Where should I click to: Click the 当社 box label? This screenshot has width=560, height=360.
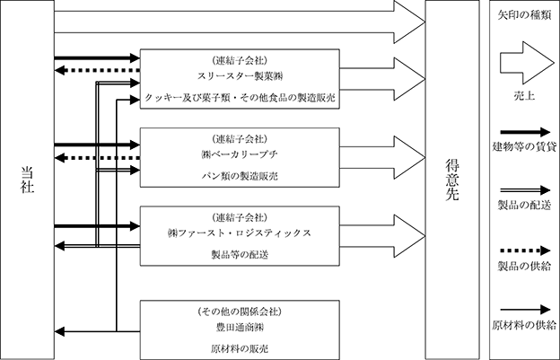[x=27, y=180]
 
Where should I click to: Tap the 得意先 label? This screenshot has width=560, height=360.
[x=451, y=180]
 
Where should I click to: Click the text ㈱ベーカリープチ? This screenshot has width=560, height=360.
[x=240, y=154]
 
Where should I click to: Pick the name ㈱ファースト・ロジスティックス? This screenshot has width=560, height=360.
[x=240, y=233]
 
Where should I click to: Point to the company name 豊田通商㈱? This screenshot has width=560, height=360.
[x=240, y=328]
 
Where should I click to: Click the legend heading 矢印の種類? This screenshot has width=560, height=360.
[x=524, y=15]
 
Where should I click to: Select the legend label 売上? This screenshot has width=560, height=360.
[x=524, y=96]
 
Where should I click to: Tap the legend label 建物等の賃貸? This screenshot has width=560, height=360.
[x=524, y=146]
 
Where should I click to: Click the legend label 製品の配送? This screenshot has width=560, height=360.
[x=524, y=205]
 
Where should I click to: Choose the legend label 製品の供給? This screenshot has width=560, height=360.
[x=524, y=266]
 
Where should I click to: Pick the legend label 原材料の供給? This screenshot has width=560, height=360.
[x=524, y=325]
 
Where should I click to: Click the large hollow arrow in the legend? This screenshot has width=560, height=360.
[x=527, y=63]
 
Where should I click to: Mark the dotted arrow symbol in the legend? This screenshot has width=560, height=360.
[x=525, y=250]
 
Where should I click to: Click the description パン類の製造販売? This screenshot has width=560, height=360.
[x=240, y=176]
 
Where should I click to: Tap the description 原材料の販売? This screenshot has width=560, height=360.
[x=240, y=349]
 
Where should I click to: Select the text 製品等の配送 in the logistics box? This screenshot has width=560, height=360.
[x=240, y=255]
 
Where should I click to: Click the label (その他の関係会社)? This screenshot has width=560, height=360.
[x=240, y=312]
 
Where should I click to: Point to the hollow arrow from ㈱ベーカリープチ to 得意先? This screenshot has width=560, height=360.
[x=382, y=157]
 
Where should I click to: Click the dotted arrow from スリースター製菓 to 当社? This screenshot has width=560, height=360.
[x=97, y=70]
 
